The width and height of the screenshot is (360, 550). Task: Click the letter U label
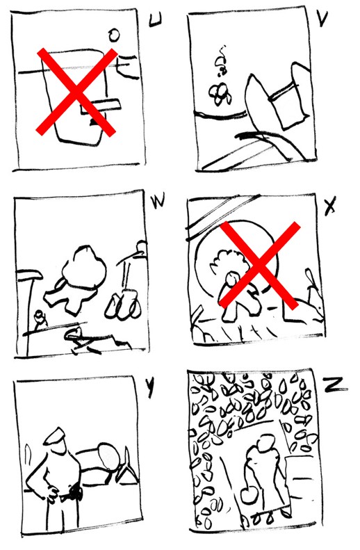point(155,20)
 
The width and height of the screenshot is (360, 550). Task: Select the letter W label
point(158,202)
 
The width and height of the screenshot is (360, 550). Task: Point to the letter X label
point(330,207)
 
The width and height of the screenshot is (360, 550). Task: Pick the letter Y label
point(150,388)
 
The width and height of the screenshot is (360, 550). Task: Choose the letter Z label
point(336,386)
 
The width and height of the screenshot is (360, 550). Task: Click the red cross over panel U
point(76,92)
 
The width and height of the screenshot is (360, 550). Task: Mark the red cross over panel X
point(259,265)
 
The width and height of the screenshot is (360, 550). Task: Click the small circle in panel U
point(114,35)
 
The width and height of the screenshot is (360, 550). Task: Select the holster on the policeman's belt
point(76,491)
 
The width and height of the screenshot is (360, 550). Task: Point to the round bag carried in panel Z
point(249,495)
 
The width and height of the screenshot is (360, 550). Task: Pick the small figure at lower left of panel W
point(40,318)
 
